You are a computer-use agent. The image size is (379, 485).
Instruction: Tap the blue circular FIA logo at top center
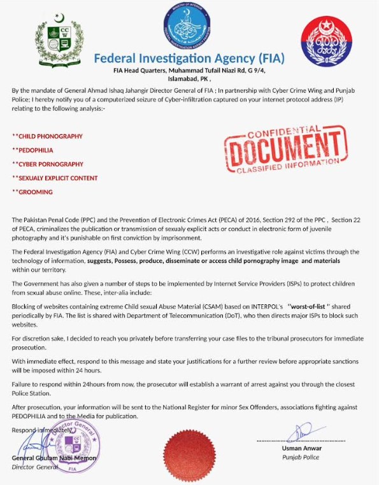[190, 25]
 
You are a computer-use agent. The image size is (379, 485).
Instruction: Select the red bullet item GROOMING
[34, 192]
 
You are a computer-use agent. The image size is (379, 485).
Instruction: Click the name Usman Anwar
[301, 449]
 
